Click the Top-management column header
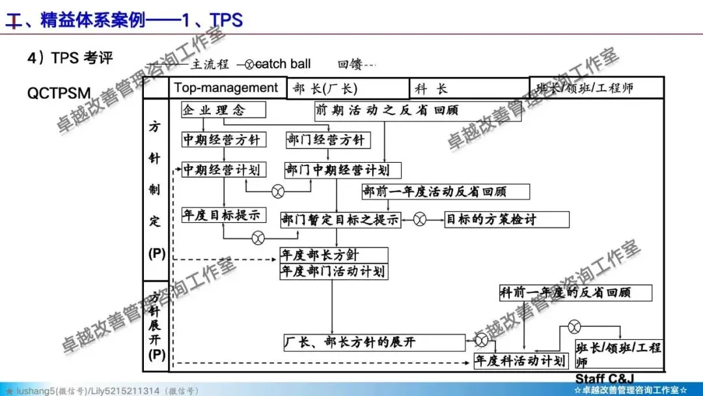click(226, 88)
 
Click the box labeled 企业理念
click(215, 109)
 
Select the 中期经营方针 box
click(221, 139)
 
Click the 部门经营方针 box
click(327, 139)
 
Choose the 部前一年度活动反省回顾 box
click(445, 191)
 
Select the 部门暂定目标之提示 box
click(340, 219)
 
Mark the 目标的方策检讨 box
click(491, 219)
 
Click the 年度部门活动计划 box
click(333, 271)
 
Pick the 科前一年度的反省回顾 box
click(575, 292)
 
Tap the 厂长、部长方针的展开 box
click(375, 341)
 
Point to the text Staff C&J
click(604, 378)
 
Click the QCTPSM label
click(59, 92)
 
